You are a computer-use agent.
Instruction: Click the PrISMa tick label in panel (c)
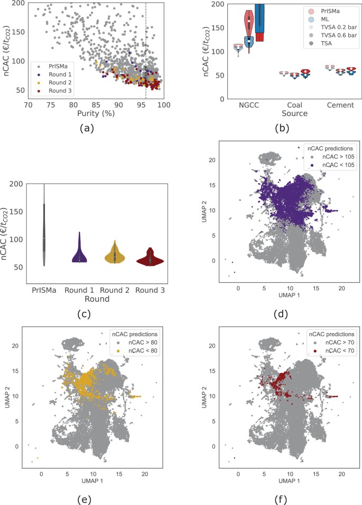[44, 290]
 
